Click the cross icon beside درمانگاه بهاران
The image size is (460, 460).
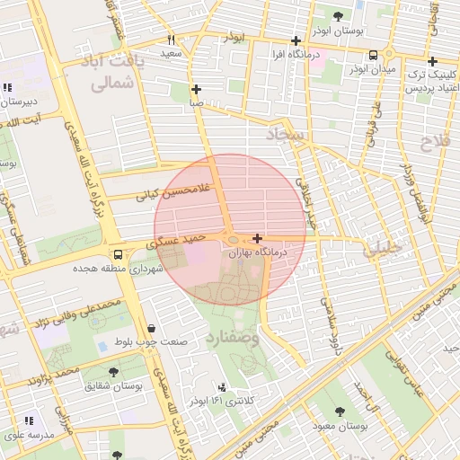pyautogui.click(x=258, y=239)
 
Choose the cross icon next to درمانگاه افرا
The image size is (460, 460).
pyautogui.click(x=296, y=40)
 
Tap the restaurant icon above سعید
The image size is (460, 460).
pyautogui.click(x=171, y=40)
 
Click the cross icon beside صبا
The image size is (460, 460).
pyautogui.click(x=196, y=89)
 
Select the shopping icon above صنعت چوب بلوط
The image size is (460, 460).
pyautogui.click(x=150, y=328)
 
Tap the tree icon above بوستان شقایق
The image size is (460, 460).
pyautogui.click(x=114, y=371)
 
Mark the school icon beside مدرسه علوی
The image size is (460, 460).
pyautogui.click(x=29, y=420)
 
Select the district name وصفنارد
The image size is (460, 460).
pyautogui.click(x=256, y=338)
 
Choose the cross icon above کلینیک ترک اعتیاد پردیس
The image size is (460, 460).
pyautogui.click(x=432, y=62)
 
